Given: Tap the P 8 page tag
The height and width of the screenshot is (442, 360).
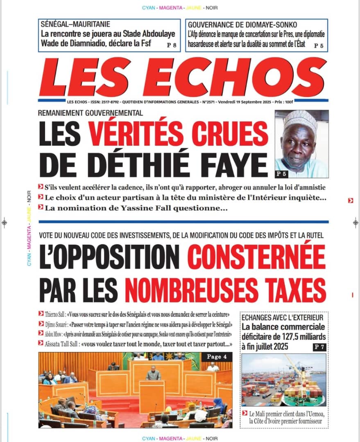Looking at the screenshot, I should (172, 45).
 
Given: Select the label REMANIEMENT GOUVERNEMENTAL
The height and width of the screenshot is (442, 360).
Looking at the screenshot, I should (91, 113).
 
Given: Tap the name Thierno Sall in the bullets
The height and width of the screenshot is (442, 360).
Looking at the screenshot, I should (56, 314).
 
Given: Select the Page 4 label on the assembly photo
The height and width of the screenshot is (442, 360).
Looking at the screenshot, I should (217, 357).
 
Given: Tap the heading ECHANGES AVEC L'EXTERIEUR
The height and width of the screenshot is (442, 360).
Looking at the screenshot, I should (283, 318).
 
